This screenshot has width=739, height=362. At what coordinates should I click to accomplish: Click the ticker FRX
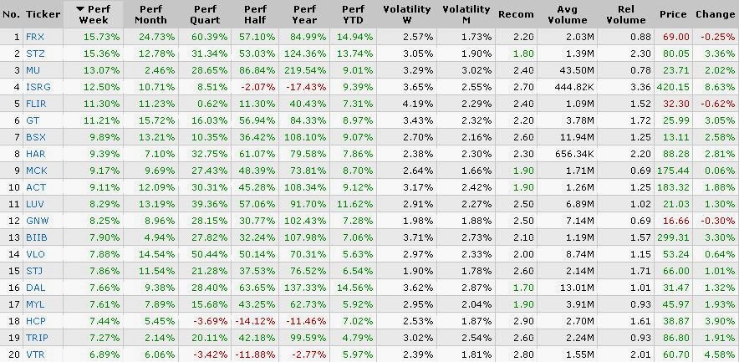click(x=35, y=37)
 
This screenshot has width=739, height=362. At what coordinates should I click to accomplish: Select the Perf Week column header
click(x=94, y=14)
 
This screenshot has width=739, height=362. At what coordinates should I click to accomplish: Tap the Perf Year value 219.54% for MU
click(x=305, y=70)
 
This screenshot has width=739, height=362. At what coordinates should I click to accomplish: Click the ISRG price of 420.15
click(x=673, y=87)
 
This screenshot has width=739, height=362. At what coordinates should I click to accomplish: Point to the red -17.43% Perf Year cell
click(x=307, y=87)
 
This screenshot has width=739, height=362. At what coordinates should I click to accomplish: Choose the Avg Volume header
click(x=571, y=14)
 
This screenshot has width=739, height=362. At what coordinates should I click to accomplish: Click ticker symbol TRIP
click(x=37, y=338)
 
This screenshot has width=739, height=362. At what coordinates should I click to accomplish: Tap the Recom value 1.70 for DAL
click(x=523, y=288)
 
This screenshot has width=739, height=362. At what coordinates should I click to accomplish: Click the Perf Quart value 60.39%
click(x=209, y=37)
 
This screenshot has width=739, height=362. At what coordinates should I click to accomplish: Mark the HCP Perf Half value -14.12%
click(x=255, y=321)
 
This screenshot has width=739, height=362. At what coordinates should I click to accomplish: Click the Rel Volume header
click(x=626, y=14)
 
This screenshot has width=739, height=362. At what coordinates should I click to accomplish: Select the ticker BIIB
click(x=36, y=237)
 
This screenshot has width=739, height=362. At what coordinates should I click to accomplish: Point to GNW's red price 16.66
click(x=675, y=221)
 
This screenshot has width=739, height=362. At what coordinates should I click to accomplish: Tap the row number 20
click(x=13, y=354)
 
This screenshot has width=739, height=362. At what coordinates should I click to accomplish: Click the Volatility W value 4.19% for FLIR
click(x=418, y=104)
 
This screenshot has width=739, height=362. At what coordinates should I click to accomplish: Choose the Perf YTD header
click(x=353, y=14)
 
